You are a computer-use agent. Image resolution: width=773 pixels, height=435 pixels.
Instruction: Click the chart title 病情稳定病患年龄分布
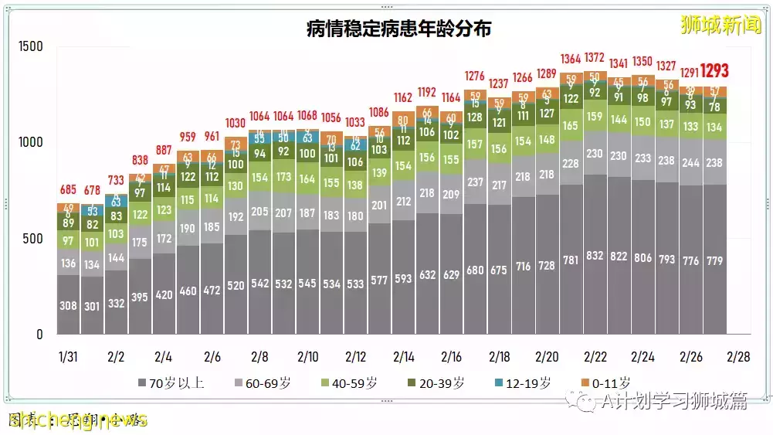click(x=398, y=29)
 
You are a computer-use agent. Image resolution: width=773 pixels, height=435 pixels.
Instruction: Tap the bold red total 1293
click(x=714, y=71)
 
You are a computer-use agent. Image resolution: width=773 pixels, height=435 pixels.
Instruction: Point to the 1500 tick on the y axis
click(x=31, y=47)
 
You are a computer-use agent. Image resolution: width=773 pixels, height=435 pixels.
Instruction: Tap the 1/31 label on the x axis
click(x=69, y=357)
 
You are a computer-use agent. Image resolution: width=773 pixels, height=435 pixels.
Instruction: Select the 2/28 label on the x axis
click(x=738, y=357)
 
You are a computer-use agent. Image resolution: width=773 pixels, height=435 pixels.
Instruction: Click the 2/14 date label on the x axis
click(x=403, y=357)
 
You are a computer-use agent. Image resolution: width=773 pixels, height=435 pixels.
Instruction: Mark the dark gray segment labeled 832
click(x=595, y=256)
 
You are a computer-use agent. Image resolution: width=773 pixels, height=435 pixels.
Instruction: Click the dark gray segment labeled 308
click(x=69, y=306)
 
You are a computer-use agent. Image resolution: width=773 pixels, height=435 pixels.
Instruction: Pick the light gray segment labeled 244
click(x=690, y=163)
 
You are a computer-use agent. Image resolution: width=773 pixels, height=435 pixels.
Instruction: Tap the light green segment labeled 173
click(x=283, y=177)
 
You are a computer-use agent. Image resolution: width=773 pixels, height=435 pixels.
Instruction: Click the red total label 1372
click(x=595, y=59)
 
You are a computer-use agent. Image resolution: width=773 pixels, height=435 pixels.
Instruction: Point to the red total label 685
click(x=69, y=189)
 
